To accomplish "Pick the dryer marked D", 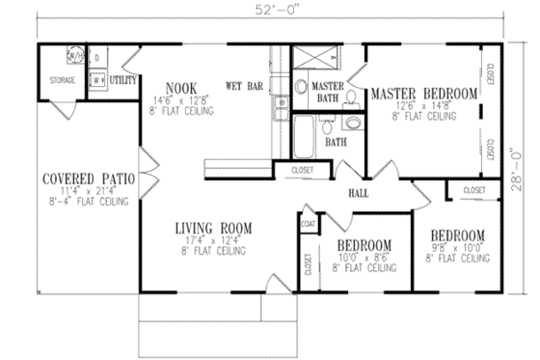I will coord(97,58).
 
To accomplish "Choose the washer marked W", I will coord(97,80).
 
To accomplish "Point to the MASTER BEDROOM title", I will coord(424,94).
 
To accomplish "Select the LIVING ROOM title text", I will coord(213,229).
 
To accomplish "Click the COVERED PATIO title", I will coord(89,179).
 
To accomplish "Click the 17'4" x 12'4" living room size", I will coord(213,241).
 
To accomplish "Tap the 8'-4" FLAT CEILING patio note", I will coord(90,204).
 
